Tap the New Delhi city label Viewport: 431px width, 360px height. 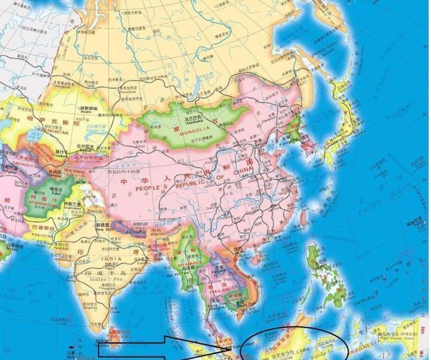click(106, 228)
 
